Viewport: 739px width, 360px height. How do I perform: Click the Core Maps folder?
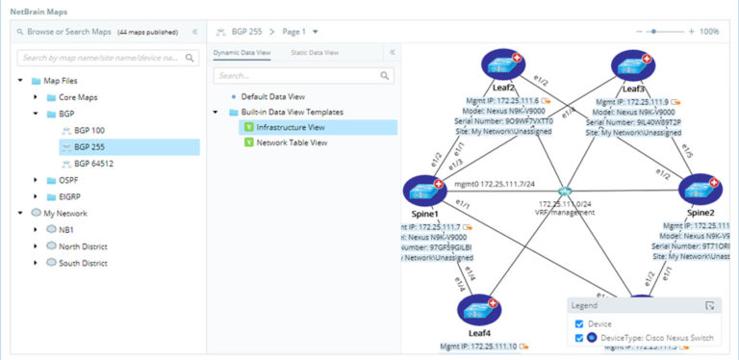78,97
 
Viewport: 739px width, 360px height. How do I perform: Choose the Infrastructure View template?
290,126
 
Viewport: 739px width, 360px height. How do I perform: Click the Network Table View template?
292,142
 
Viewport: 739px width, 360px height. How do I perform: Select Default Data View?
272,96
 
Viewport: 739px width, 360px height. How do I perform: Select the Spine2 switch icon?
700,190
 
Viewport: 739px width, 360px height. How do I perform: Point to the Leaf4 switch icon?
478,311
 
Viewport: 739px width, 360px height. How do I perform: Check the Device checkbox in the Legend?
578,323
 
